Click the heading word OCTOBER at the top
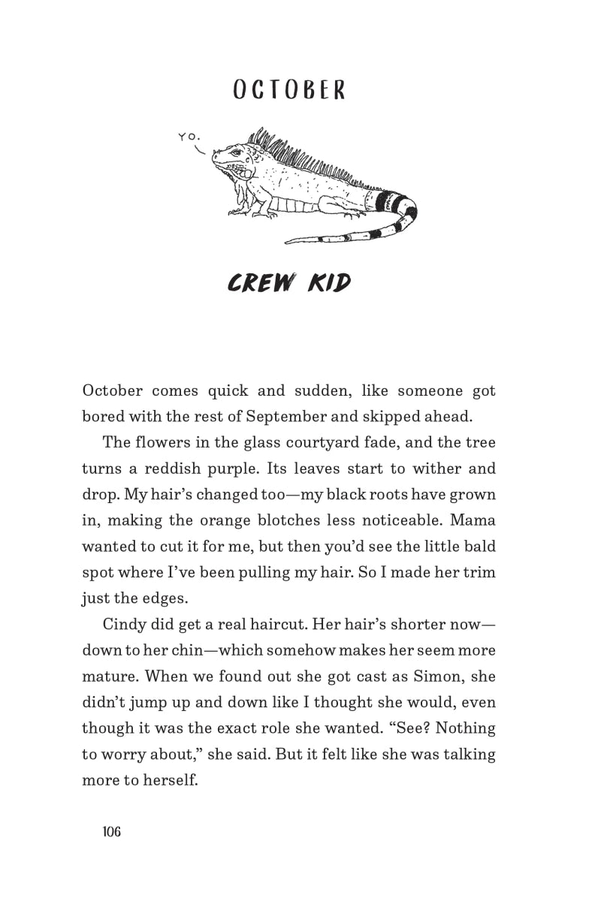[288, 90]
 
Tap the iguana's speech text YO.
[189, 137]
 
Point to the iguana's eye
[234, 153]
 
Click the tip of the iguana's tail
[286, 242]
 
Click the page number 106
[111, 831]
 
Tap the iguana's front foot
[239, 212]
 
